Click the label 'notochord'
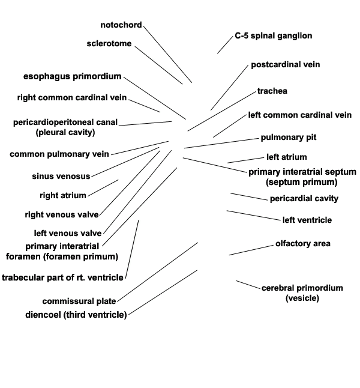[121, 25]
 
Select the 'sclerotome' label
[109, 44]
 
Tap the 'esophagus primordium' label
[73, 76]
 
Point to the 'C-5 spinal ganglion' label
[274, 36]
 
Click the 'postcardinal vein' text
[286, 65]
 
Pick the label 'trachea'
[272, 91]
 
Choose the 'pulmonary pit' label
[289, 138]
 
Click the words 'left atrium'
[287, 157]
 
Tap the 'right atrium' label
[63, 195]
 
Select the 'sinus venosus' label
[61, 176]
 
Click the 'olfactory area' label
[303, 243]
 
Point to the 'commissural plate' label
[79, 302]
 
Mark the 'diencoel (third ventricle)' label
[76, 315]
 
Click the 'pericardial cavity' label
[304, 198]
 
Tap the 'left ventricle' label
[307, 220]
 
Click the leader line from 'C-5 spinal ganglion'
[225, 45]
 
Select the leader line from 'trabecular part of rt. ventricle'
[132, 249]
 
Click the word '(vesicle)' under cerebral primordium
[302, 298]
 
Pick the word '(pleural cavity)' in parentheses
[65, 132]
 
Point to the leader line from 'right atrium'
[103, 188]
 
